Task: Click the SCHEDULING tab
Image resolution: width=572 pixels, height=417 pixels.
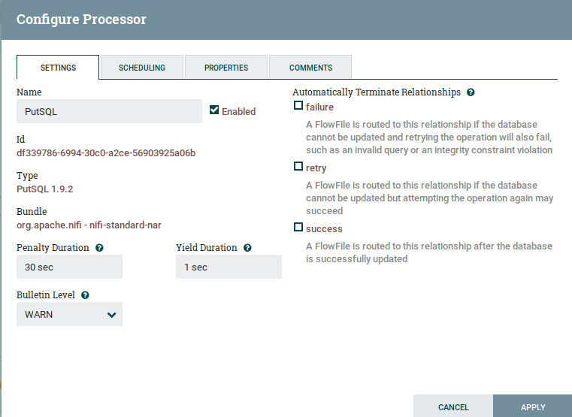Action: click(142, 68)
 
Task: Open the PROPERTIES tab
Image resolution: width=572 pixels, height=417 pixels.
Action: click(226, 68)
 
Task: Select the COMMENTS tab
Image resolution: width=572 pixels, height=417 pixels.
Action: click(310, 68)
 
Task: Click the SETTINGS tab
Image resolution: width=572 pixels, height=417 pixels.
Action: click(58, 68)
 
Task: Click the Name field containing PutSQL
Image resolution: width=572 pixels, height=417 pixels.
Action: click(109, 111)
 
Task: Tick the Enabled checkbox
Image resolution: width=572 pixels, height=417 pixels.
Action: click(214, 110)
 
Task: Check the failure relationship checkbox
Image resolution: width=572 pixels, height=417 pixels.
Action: click(298, 105)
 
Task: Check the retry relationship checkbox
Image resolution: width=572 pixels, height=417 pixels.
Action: click(298, 166)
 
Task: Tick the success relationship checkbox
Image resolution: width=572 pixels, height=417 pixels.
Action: click(298, 227)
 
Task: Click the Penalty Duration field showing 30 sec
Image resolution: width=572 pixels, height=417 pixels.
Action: click(69, 267)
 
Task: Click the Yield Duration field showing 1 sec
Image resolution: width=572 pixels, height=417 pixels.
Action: click(228, 267)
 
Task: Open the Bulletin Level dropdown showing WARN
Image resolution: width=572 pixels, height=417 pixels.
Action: click(69, 314)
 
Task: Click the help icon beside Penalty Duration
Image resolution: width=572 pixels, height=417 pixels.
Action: click(99, 248)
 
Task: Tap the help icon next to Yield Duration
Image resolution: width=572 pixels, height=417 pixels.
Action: click(247, 248)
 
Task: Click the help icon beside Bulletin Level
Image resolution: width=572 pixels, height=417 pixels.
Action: click(85, 295)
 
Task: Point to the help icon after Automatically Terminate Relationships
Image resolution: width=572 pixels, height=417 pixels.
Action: click(471, 92)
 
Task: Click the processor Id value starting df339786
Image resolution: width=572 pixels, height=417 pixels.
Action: click(106, 153)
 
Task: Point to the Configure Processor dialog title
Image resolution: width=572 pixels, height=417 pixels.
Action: click(81, 20)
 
